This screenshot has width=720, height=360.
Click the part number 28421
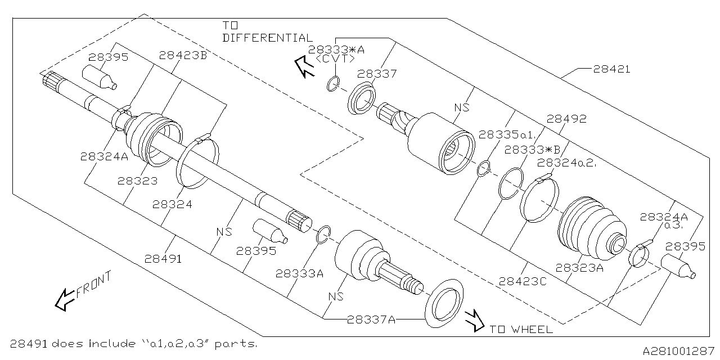[x=611, y=69]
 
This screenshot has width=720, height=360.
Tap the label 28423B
[x=183, y=55]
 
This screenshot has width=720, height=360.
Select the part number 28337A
[x=371, y=319]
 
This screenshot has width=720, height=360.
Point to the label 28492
[x=566, y=119]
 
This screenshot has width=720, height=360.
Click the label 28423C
[x=523, y=282]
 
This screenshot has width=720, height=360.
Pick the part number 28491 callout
[x=163, y=259]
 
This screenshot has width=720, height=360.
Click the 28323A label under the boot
[x=579, y=268]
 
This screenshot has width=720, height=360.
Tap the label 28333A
[x=300, y=273]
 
